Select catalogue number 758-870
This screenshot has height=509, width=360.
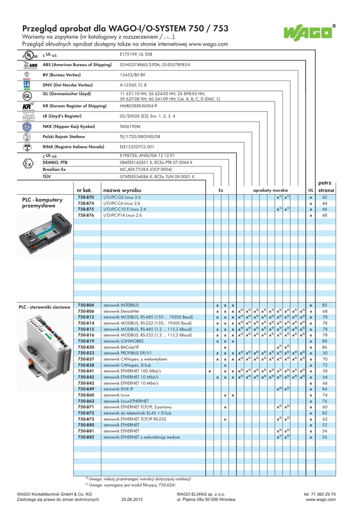pos(86,197)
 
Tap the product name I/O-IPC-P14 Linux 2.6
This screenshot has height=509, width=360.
pos(122,215)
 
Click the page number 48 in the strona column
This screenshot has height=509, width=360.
pos(324,215)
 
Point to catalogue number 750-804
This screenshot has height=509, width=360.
pos(86,305)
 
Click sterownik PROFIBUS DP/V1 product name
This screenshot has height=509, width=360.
pos(128,353)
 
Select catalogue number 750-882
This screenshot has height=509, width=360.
pos(86,437)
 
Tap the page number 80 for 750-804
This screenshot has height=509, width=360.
pos(324,305)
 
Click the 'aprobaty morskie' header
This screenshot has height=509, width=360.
pos(270,190)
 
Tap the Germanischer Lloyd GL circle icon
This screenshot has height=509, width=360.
pos(14,95)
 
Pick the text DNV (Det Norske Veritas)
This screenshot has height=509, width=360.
pos(68,85)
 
